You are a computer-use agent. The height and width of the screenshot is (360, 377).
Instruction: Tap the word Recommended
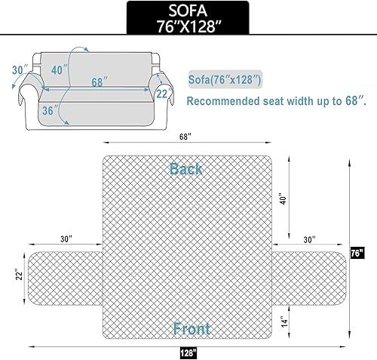[222, 100]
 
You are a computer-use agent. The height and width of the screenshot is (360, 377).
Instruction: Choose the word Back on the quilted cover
[186, 168]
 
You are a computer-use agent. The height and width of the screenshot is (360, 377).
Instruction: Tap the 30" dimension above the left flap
[66, 239]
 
